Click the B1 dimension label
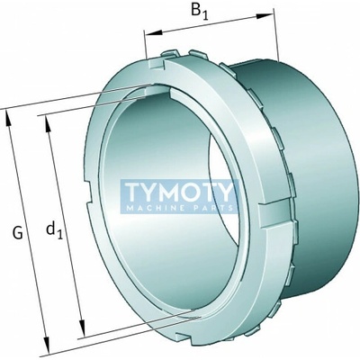click(199, 12)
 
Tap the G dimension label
click(18, 233)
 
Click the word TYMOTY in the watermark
click(179, 193)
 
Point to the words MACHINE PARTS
click(180, 208)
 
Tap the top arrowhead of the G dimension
click(9, 120)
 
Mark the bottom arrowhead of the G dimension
click(46, 345)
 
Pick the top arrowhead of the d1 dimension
click(48, 124)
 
